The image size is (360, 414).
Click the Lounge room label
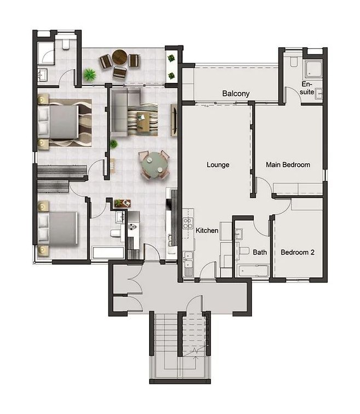point(218,165)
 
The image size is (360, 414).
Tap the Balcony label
point(236,93)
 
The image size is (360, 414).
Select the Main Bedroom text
point(288,165)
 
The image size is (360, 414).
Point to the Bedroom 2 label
point(298,252)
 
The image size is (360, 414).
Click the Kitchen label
point(207,230)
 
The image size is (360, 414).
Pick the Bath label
point(260,252)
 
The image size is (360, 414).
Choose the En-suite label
point(307,88)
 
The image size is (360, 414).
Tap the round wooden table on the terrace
point(119,57)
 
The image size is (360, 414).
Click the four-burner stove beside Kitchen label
point(187,223)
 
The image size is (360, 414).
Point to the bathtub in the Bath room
point(253,271)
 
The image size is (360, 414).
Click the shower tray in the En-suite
point(313,69)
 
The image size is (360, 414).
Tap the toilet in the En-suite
point(294,62)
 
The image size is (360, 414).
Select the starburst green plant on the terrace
point(90,75)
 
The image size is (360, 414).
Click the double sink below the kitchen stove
point(188,260)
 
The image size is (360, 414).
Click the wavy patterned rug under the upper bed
point(71,123)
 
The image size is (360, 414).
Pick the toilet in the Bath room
point(244,251)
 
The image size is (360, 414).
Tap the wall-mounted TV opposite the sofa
point(174,120)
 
